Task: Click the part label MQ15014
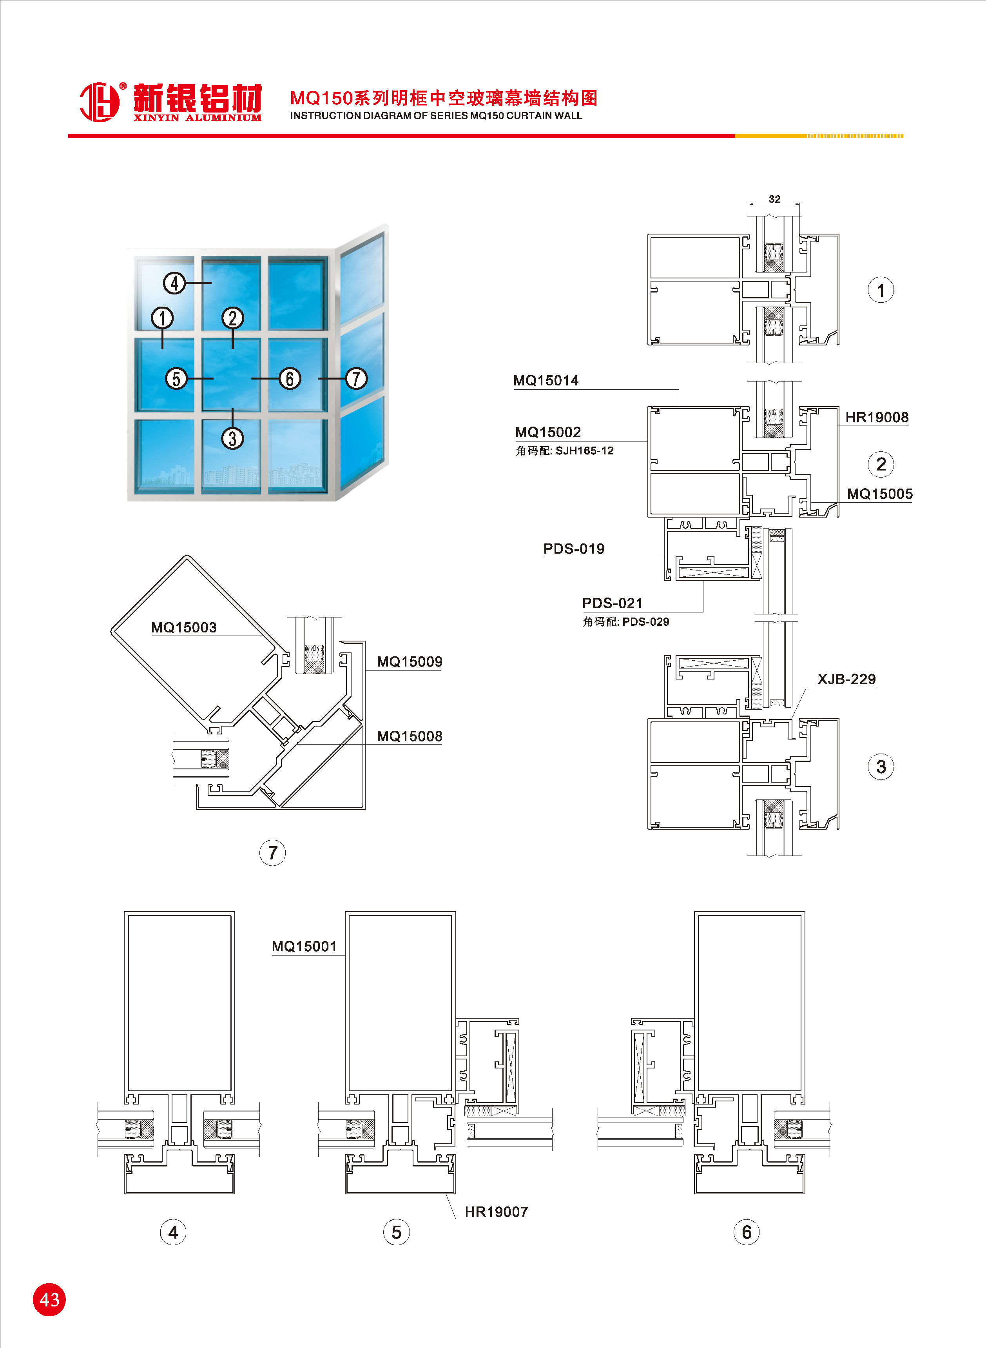pyautogui.click(x=546, y=381)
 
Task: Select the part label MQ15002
pyautogui.click(x=548, y=432)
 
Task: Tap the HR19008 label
pyautogui.click(x=877, y=417)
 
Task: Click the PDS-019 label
pyautogui.click(x=574, y=549)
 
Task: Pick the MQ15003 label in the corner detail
pyautogui.click(x=184, y=627)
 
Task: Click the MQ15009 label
pyautogui.click(x=410, y=661)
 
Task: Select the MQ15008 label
pyautogui.click(x=410, y=736)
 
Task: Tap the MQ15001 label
pyautogui.click(x=304, y=946)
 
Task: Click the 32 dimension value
pyautogui.click(x=774, y=199)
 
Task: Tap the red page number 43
pyautogui.click(x=49, y=1300)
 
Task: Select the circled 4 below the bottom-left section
pyautogui.click(x=173, y=1232)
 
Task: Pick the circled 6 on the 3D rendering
pyautogui.click(x=290, y=378)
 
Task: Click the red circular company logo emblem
pyautogui.click(x=100, y=102)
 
